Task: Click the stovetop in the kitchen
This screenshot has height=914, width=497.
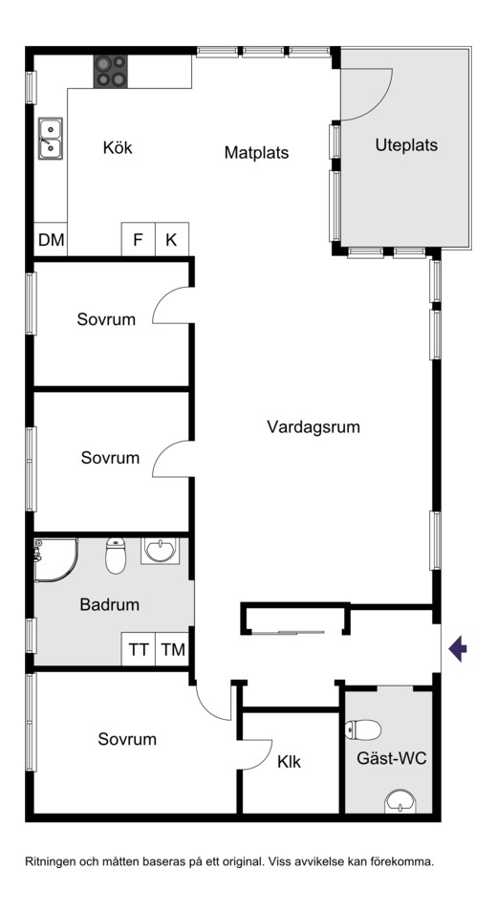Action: pos(111,72)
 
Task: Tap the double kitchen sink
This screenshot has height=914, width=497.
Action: pos(51,138)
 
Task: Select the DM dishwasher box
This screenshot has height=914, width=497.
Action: pos(51,239)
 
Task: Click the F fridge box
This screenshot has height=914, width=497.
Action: pos(138,239)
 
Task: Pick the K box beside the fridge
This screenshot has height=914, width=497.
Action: pos(172,239)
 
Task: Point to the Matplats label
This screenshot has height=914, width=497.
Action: pos(257,153)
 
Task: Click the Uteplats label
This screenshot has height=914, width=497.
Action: pos(406,145)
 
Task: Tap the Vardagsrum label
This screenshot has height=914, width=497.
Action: pos(313,426)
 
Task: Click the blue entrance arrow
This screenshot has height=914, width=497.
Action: pos(458,649)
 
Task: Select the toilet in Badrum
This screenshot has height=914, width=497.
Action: pos(116,555)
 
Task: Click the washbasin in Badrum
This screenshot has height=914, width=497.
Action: pos(160,551)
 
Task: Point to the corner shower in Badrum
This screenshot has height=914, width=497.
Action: pos(56,559)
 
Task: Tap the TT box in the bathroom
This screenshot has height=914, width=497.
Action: pos(138,649)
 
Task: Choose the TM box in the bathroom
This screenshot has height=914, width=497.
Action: pos(172,649)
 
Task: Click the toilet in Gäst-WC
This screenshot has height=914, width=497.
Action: pos(363,729)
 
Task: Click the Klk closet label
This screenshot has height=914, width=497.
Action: pos(289,762)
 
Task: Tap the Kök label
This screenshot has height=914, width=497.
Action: pos(118,147)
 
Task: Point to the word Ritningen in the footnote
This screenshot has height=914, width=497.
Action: pos(50,861)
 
